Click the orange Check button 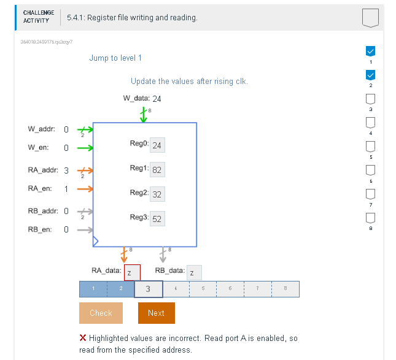point(101,313)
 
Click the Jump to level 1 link point(115,58)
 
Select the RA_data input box point(132,272)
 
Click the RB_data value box point(194,272)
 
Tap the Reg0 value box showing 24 point(157,145)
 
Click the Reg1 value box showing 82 point(157,169)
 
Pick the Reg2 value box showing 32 point(157,194)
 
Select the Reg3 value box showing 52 point(157,218)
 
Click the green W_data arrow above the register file point(144,115)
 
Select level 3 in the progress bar point(148,289)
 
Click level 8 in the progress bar point(285,289)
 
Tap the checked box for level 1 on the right point(370,51)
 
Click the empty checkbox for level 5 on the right point(370,147)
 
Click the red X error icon point(83,338)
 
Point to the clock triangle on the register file point(95,242)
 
